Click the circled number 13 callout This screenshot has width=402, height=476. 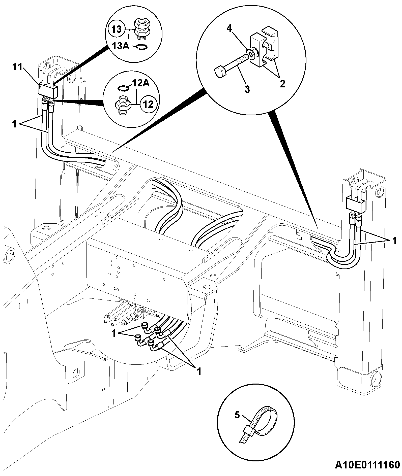pyautogui.click(x=117, y=29)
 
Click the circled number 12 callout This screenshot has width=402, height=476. pyautogui.click(x=149, y=104)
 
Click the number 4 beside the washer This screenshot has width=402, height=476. pyautogui.click(x=229, y=28)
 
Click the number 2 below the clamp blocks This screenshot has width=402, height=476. pyautogui.click(x=282, y=84)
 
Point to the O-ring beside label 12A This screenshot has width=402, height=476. pyautogui.click(x=124, y=88)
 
